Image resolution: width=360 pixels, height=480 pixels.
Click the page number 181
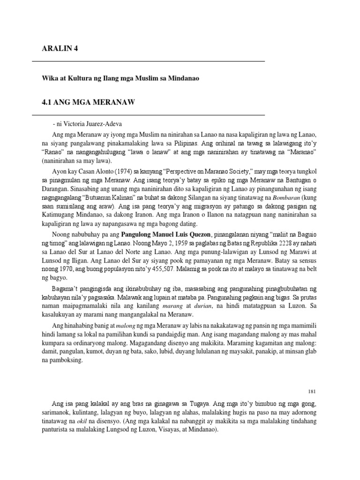click(314, 391)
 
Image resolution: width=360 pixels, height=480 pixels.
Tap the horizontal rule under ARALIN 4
click(148, 61)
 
